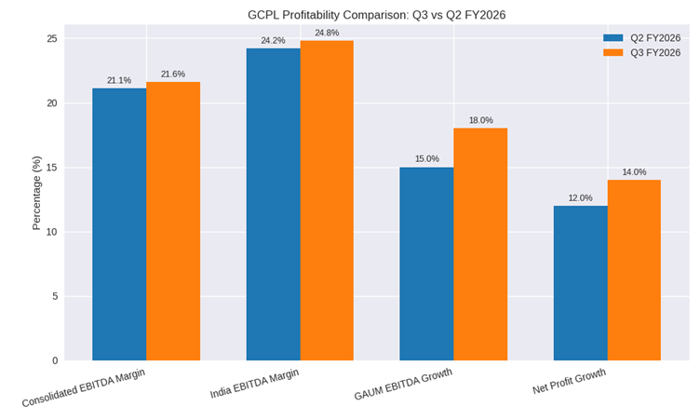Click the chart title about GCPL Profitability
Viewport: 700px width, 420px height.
[376, 15]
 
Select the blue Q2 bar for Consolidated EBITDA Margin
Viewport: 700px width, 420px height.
[119, 224]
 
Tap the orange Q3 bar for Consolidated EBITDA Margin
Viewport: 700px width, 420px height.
[173, 222]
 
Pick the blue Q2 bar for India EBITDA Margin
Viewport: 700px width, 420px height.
[273, 204]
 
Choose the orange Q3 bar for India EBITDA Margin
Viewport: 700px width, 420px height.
[327, 200]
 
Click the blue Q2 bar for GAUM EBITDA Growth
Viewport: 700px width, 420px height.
[426, 264]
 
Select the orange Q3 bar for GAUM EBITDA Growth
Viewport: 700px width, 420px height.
[480, 244]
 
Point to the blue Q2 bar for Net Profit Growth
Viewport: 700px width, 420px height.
[580, 283]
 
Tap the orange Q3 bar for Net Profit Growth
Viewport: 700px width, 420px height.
[634, 270]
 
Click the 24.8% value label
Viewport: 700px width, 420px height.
[327, 34]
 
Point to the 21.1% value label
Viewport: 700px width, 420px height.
[119, 81]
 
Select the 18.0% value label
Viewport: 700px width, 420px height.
[480, 121]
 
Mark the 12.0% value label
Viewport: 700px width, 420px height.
[580, 198]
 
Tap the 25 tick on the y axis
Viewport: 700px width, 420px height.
[51, 39]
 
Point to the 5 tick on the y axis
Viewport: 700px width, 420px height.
[54, 296]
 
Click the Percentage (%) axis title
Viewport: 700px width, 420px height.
[37, 193]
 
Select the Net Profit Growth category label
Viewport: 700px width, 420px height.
[569, 382]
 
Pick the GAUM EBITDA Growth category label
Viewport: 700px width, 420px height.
[403, 385]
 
